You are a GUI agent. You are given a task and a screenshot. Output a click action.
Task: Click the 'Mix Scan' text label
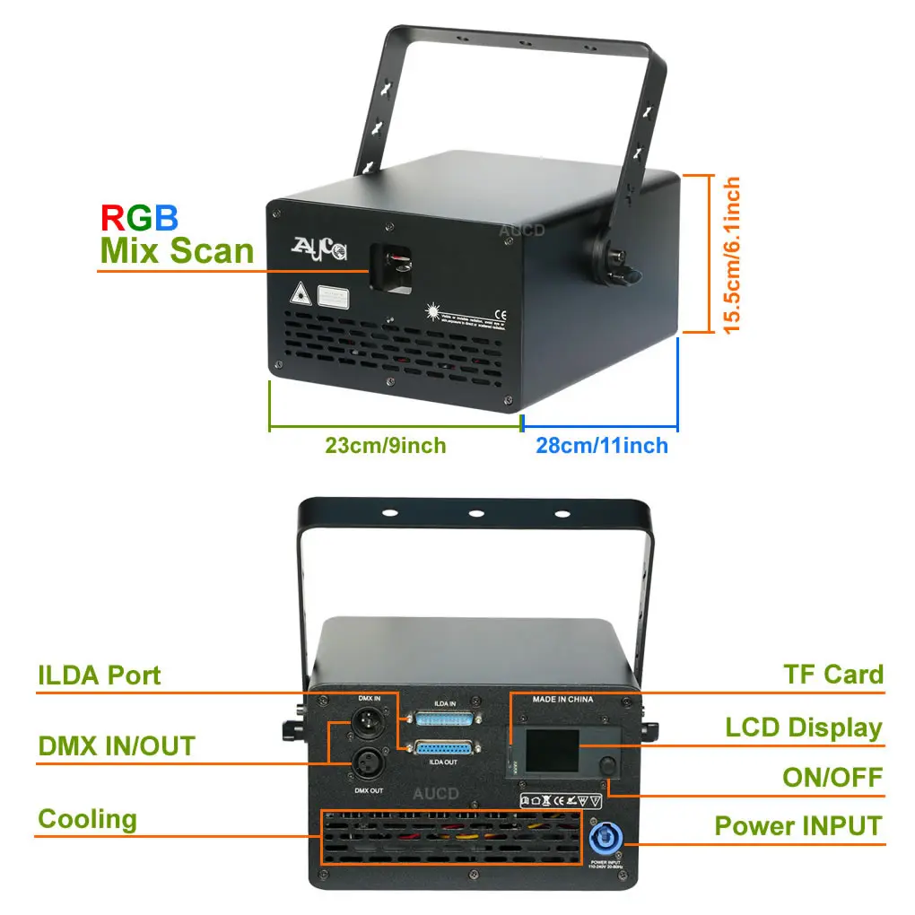click(177, 250)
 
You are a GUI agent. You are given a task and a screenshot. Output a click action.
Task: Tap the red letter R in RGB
click(112, 217)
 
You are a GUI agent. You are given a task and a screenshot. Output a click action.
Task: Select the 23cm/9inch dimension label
click(385, 445)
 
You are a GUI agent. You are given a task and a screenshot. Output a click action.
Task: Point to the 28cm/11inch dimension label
click(602, 445)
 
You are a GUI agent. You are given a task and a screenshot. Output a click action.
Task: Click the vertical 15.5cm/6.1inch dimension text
click(733, 256)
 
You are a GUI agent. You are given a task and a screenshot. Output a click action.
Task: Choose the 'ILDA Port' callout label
click(100, 675)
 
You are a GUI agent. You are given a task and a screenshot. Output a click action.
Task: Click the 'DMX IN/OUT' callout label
click(117, 745)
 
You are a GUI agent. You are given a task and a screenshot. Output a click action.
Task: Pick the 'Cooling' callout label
click(88, 818)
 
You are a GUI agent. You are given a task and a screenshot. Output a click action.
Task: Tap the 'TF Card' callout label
click(833, 675)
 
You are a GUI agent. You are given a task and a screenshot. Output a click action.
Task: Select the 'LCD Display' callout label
click(804, 728)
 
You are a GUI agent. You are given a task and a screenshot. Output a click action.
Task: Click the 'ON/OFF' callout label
click(832, 777)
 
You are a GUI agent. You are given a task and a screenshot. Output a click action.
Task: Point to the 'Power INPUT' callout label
click(798, 825)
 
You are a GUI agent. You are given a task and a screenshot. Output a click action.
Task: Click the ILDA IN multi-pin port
click(444, 719)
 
